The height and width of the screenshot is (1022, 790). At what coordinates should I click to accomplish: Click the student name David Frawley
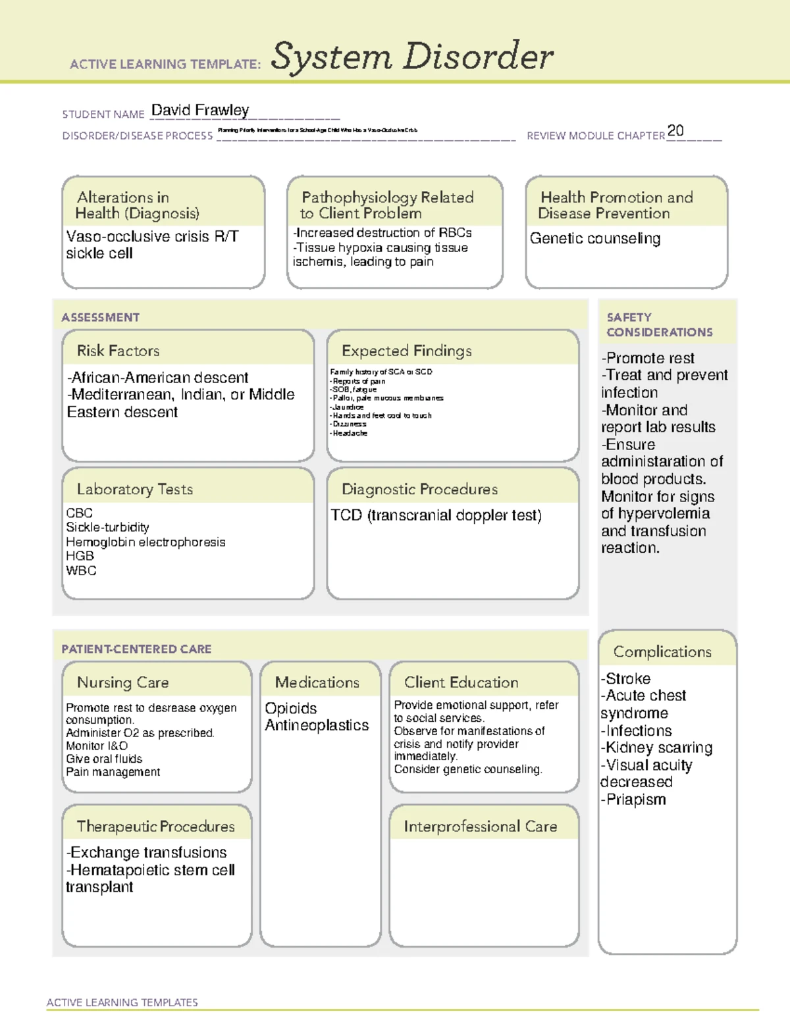click(x=200, y=110)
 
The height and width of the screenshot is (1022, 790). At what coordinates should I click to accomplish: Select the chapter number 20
click(x=675, y=130)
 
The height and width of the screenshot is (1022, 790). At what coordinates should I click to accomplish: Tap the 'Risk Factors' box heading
click(x=118, y=351)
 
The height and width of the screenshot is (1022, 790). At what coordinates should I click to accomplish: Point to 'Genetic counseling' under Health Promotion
click(x=594, y=238)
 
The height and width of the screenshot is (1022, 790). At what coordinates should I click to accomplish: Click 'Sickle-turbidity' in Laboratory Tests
click(x=107, y=527)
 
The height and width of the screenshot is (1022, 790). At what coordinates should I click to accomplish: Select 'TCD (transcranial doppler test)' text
click(x=436, y=515)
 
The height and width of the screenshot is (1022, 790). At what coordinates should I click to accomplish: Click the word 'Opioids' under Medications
click(x=290, y=709)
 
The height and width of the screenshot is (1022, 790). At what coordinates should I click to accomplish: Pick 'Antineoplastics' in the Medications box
click(x=317, y=725)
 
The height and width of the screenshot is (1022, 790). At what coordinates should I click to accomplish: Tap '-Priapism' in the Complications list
click(x=633, y=800)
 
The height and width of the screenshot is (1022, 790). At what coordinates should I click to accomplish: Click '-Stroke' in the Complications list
click(x=625, y=678)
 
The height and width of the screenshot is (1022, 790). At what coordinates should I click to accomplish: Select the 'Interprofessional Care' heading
click(x=480, y=827)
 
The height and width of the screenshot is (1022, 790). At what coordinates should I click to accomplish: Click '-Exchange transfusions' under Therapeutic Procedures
click(x=146, y=853)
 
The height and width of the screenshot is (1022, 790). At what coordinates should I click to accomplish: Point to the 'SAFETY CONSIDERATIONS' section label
click(x=658, y=324)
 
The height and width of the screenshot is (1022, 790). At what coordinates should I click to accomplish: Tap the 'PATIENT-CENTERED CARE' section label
click(x=136, y=649)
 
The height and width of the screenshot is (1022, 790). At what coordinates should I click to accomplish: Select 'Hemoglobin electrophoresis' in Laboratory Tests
click(x=145, y=542)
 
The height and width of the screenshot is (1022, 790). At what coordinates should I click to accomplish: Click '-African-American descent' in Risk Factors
click(x=157, y=378)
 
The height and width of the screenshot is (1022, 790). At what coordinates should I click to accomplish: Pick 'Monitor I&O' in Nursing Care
click(x=97, y=746)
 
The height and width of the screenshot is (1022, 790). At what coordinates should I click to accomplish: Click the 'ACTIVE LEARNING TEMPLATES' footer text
click(x=122, y=1002)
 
